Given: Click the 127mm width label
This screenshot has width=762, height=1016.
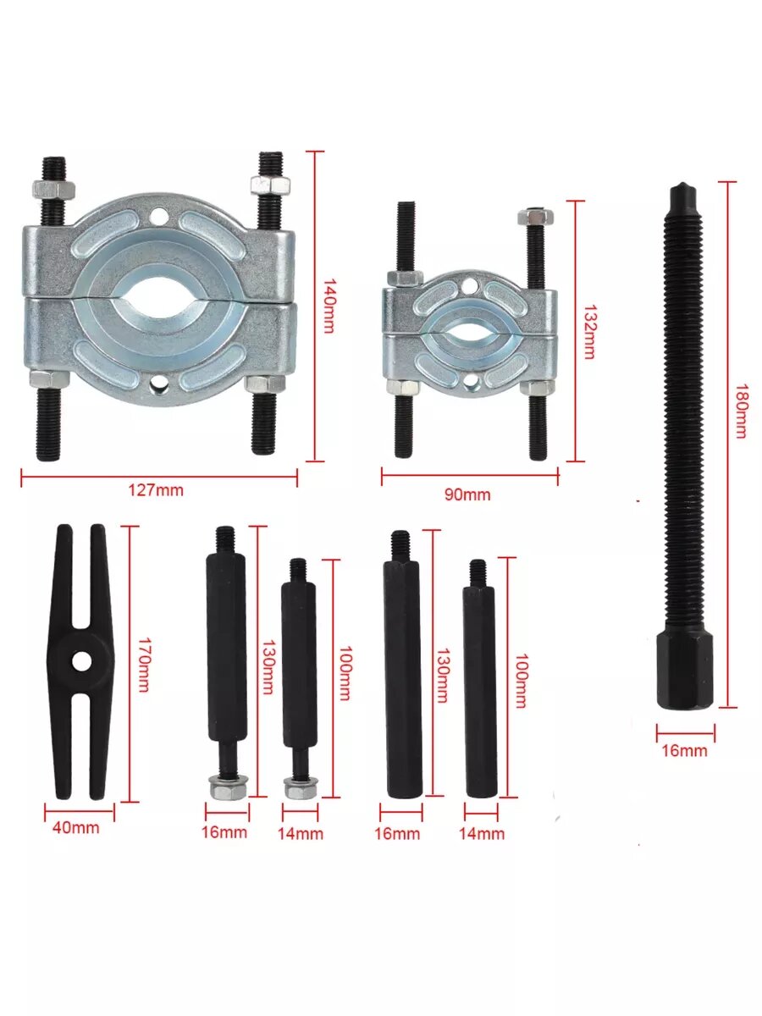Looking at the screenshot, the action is pos(156,490).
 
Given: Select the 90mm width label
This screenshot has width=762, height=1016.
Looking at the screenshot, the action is pos(467,494).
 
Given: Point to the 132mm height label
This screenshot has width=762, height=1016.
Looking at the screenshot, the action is pos(588,331).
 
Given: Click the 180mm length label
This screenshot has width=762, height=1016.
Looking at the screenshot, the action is pos(741,411).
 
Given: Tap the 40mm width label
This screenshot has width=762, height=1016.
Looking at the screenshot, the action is pos(75,827).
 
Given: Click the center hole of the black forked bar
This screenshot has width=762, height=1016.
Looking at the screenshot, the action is pos(81,661).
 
